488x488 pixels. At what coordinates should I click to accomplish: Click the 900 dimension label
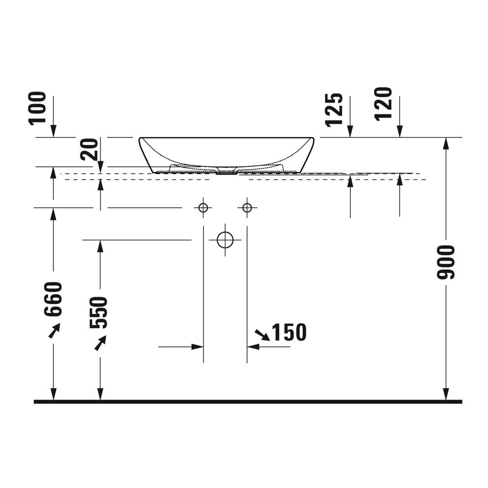pos(446,262)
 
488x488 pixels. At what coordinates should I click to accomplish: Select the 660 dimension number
pos(53,299)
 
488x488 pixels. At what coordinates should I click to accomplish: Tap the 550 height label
pos(99,313)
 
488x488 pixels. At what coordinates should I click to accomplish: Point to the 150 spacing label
pos(289,332)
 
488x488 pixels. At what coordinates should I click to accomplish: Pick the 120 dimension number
pos(383,105)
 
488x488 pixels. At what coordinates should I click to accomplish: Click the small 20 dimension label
pos(90,149)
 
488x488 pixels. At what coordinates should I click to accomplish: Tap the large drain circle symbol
pos(225,240)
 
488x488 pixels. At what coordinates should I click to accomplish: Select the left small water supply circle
pos(203,207)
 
